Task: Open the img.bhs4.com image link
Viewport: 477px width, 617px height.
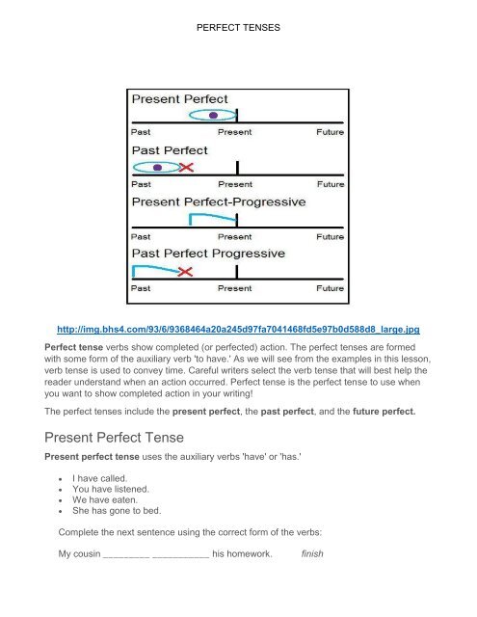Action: [x=239, y=327]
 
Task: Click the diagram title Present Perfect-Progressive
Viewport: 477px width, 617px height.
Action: [x=218, y=202]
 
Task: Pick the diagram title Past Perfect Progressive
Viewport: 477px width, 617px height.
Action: [x=208, y=254]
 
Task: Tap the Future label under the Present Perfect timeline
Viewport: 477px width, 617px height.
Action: [x=329, y=131]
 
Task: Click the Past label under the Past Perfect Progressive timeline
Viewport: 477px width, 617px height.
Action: [x=142, y=287]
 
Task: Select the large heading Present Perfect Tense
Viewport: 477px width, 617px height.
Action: [x=122, y=435]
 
